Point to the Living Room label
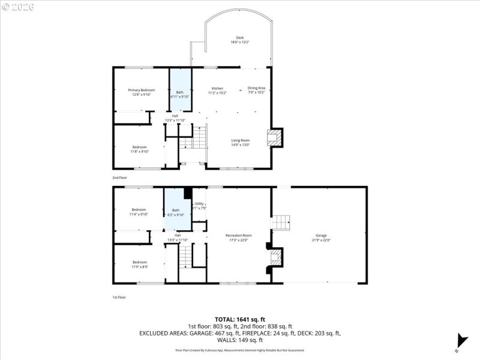[x=241, y=142]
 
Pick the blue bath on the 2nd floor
[x=180, y=90]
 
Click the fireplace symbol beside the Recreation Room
[x=275, y=258]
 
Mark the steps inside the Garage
[x=281, y=223]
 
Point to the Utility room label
[x=199, y=206]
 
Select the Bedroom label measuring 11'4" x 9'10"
[x=139, y=212]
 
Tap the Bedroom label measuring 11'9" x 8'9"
[x=139, y=264]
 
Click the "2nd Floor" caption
[x=119, y=178]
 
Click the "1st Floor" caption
[x=119, y=297]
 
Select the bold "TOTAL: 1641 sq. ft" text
[x=240, y=319]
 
